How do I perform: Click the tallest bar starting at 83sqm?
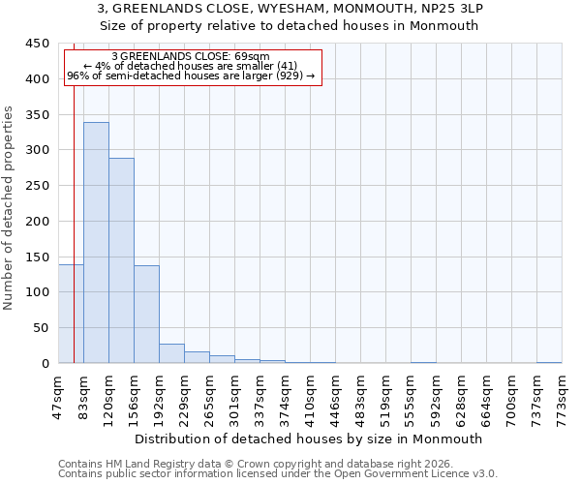[x=96, y=242]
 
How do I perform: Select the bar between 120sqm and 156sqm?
[x=121, y=260]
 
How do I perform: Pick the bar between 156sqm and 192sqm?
[x=146, y=314]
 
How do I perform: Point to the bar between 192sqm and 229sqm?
[x=171, y=353]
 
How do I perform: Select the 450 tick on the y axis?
[x=38, y=44]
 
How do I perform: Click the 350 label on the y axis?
[x=38, y=115]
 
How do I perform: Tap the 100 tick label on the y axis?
[x=38, y=292]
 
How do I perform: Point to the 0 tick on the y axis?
[x=45, y=364]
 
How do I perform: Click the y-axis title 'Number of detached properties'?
[x=10, y=208]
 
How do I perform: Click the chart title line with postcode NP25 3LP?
[x=290, y=9]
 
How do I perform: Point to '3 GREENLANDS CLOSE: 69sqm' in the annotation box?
[x=191, y=57]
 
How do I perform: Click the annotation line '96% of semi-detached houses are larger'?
[x=191, y=76]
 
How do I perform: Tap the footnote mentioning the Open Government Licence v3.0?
[x=278, y=474]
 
